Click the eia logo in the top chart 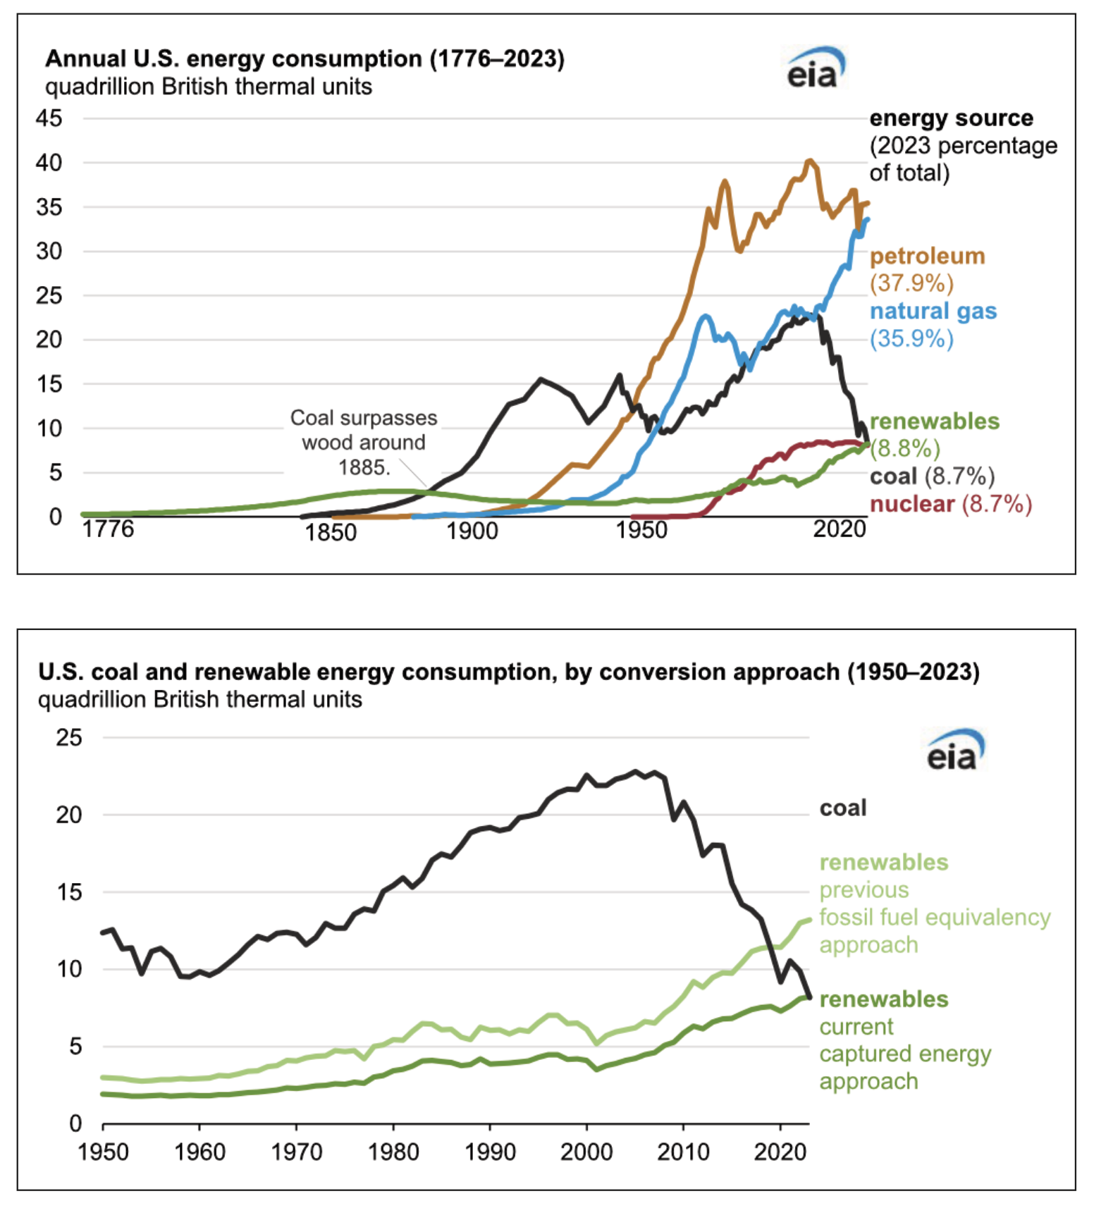[815, 69]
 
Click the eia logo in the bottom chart [954, 751]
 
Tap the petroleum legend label [927, 256]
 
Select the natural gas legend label [933, 312]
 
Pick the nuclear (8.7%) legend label [950, 504]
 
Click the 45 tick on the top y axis [49, 118]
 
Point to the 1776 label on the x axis [108, 529]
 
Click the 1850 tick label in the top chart [330, 532]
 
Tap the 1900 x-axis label [472, 531]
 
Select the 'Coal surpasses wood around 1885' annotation [364, 443]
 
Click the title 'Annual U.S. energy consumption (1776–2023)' [305, 58]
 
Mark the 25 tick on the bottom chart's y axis [69, 738]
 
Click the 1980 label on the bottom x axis [393, 1152]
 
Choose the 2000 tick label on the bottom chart [586, 1152]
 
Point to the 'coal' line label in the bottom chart [842, 808]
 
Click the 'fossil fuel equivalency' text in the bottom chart [935, 917]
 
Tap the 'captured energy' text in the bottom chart [905, 1054]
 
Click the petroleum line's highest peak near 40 [809, 161]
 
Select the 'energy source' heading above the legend [951, 118]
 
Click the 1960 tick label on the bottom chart [199, 1152]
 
